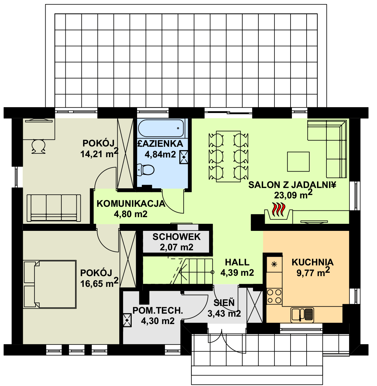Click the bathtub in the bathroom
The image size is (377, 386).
pyautogui.click(x=161, y=128)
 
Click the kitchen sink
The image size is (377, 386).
pyautogui.click(x=302, y=315)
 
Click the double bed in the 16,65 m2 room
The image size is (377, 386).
pyautogui.click(x=50, y=284)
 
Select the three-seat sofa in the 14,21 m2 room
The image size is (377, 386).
pyautogui.click(x=54, y=208)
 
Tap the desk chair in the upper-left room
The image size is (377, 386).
pyautogui.click(x=39, y=146)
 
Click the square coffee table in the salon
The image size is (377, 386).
pyautogui.click(x=298, y=162)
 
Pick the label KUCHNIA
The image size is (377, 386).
pyautogui.click(x=312, y=262)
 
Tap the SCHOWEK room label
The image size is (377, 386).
pyautogui.click(x=177, y=237)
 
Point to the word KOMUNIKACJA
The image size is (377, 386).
pyautogui.click(x=131, y=204)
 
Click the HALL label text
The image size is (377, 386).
pyautogui.click(x=237, y=262)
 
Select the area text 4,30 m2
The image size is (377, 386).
pyautogui.click(x=158, y=321)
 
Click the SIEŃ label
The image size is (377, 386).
pyautogui.click(x=224, y=302)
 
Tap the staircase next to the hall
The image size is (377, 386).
pyautogui.click(x=178, y=271)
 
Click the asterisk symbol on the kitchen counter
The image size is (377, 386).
pyautogui.click(x=274, y=265)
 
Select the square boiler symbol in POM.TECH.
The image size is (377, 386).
pyautogui.click(x=127, y=320)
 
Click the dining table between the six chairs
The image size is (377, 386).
pyautogui.click(x=228, y=156)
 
